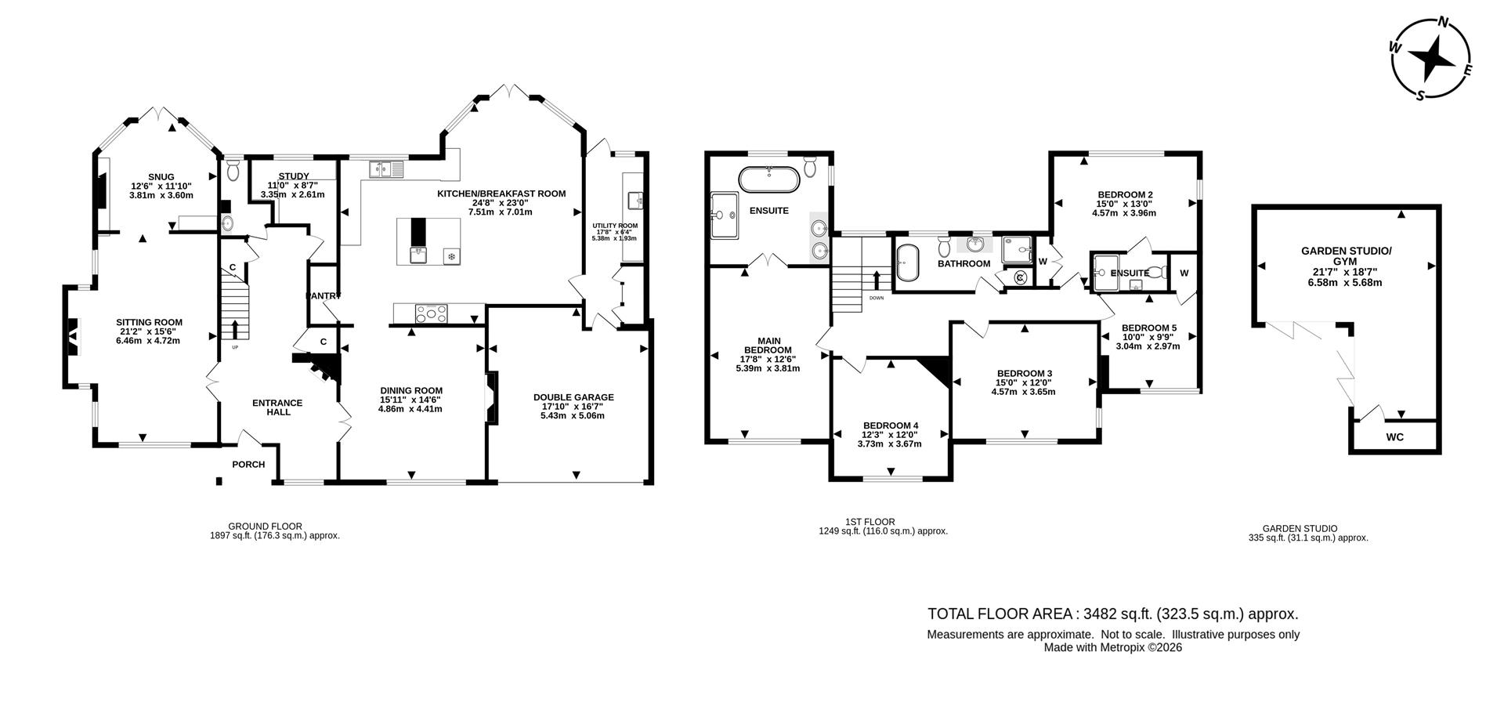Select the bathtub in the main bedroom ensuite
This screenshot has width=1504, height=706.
pos(771,180)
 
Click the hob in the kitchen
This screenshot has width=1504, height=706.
pos(432,314)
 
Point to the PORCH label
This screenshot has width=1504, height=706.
pos(248,465)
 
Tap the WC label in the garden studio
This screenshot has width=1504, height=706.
pos(1394,437)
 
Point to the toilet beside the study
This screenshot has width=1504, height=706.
pos(232,170)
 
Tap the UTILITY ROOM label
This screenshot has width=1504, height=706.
pos(615,226)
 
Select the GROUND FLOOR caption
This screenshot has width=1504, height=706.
pos(265,527)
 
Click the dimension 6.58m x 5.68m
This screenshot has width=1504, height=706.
pos(1345,282)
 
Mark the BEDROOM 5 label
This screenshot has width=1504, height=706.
pos(1148,328)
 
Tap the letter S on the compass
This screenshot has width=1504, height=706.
pos(1419,96)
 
